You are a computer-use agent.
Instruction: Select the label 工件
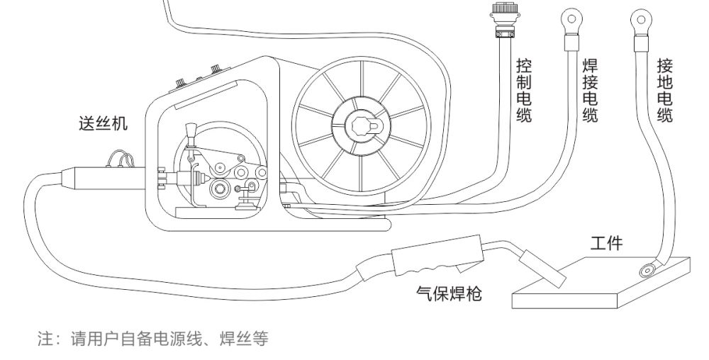(607, 244)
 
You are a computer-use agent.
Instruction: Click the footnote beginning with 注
(153, 338)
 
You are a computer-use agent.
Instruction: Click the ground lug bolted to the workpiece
(647, 269)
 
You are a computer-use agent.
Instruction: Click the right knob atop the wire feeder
(214, 68)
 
